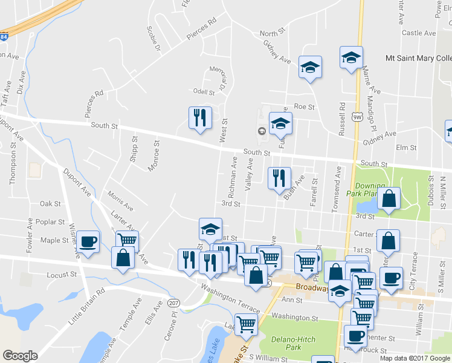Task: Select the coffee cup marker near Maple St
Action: (x=89, y=241)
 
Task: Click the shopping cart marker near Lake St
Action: (x=246, y=324)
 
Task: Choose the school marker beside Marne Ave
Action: (x=351, y=57)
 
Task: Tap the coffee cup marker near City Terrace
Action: (x=391, y=278)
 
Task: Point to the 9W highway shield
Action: (x=358, y=119)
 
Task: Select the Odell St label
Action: (x=204, y=93)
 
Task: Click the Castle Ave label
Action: (x=419, y=33)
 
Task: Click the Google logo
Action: (x=20, y=356)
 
